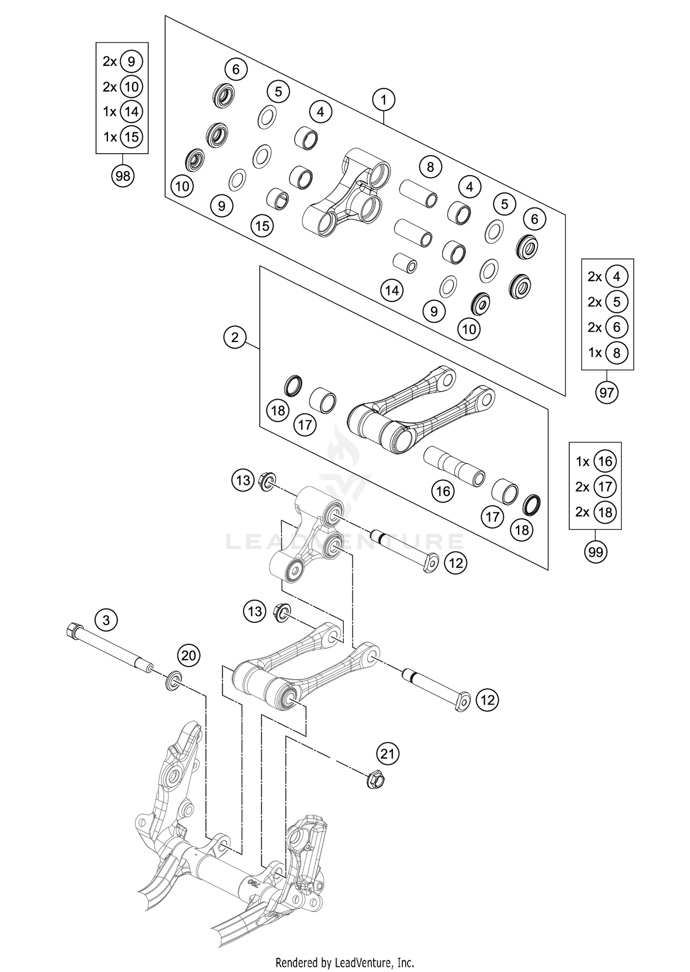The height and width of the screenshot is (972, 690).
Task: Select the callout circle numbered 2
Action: (x=235, y=338)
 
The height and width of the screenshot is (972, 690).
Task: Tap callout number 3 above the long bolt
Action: (x=106, y=620)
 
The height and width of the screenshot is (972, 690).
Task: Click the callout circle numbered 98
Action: (x=123, y=176)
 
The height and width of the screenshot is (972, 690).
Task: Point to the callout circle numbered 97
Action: (x=607, y=392)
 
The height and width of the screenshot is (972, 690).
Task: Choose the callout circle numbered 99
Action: (x=596, y=552)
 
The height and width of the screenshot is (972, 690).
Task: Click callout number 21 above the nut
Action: (x=388, y=753)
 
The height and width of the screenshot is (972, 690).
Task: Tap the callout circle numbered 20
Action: (x=189, y=655)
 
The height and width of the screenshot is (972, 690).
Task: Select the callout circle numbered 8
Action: (x=430, y=167)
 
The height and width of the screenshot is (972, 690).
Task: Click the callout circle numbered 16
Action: (x=443, y=491)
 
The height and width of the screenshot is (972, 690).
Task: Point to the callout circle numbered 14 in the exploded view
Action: (x=392, y=290)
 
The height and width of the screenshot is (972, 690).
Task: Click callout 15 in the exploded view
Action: (x=262, y=226)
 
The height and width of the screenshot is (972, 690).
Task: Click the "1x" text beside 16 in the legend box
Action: (x=583, y=461)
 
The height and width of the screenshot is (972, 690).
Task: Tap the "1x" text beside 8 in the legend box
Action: (x=595, y=352)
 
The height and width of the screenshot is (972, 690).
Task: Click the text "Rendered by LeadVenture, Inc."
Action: (x=345, y=962)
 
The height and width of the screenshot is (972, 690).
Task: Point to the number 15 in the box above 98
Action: (x=132, y=137)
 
